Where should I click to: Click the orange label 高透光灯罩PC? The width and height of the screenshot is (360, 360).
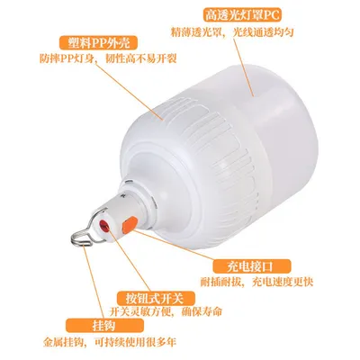(243, 14)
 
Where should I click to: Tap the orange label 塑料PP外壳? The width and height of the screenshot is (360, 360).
(99, 43)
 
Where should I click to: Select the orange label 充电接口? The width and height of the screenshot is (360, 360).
(251, 266)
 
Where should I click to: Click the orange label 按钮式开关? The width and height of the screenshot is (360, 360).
(157, 298)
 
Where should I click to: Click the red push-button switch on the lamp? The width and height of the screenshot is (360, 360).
(104, 224)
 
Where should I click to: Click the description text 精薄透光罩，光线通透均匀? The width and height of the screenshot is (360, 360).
(231, 32)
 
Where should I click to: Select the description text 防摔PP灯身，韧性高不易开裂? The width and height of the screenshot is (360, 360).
(108, 59)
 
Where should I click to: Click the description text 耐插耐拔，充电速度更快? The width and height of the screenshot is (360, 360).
(256, 283)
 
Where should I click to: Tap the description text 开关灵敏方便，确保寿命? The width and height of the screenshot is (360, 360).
(166, 312)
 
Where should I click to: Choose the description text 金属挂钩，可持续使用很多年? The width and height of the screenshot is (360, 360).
(110, 342)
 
